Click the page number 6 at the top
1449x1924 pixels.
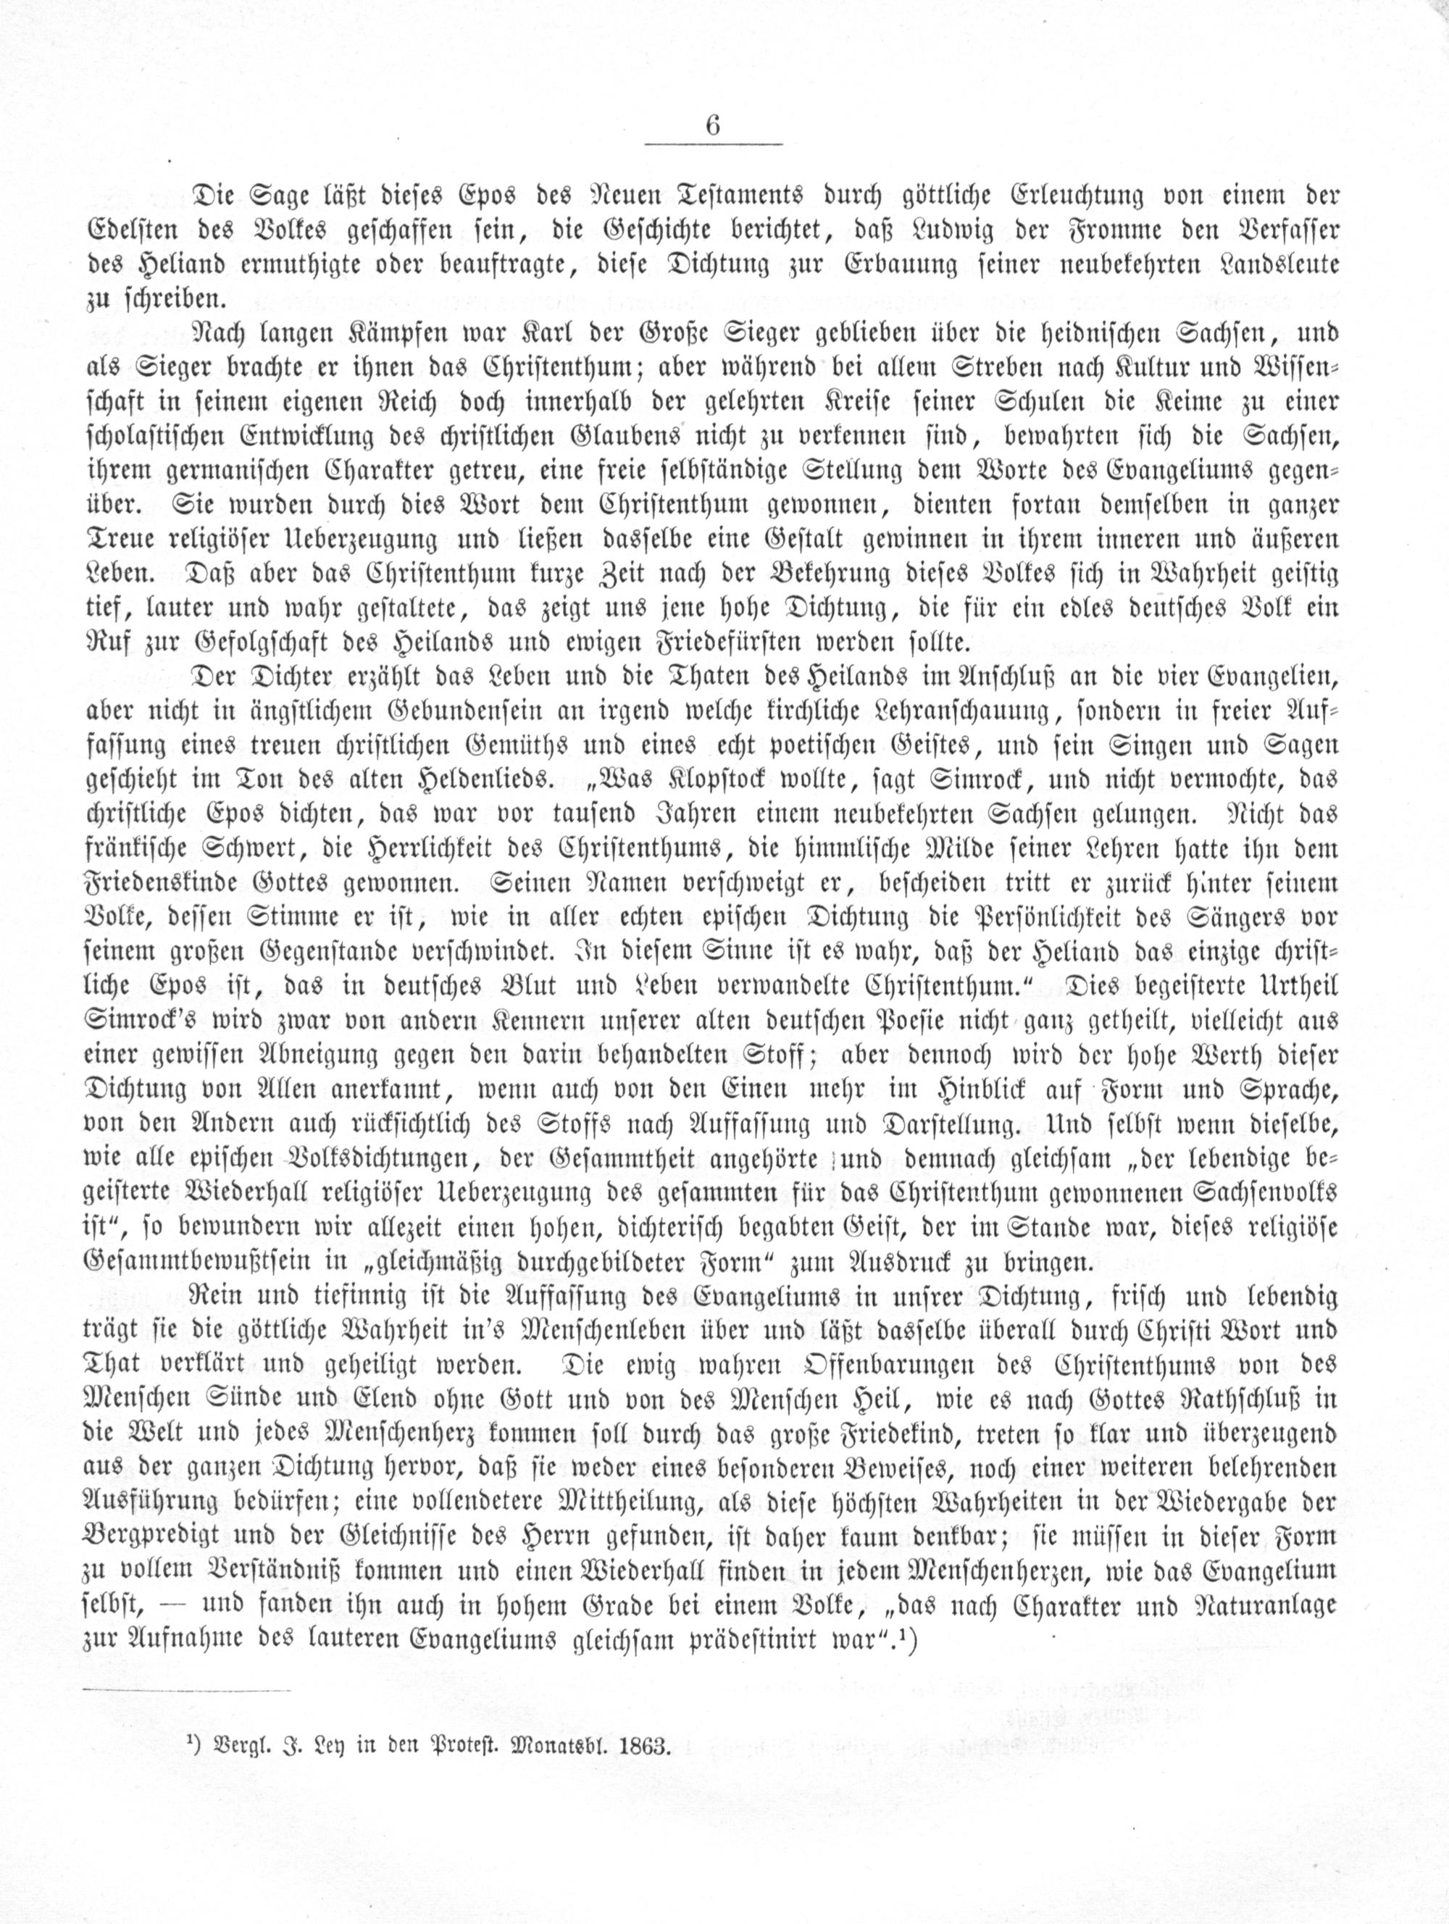click(x=713, y=125)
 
